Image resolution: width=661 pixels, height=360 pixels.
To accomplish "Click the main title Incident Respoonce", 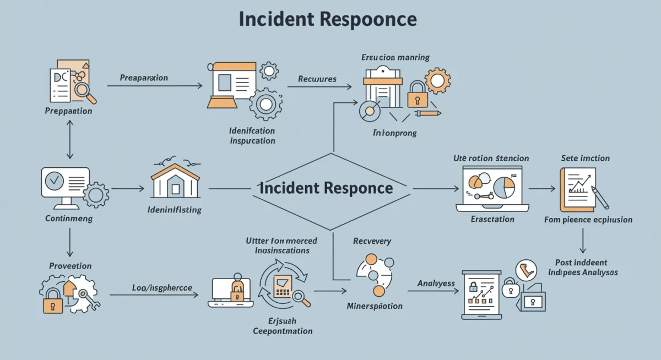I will pyautogui.click(x=328, y=19).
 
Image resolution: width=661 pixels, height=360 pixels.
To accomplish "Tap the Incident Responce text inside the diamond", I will pyautogui.click(x=326, y=188).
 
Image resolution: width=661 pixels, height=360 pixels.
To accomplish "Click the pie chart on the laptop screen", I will pyautogui.click(x=503, y=187).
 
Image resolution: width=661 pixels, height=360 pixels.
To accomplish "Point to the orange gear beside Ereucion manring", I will pyautogui.click(x=438, y=81).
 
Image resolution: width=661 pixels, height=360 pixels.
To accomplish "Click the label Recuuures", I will pyautogui.click(x=317, y=79).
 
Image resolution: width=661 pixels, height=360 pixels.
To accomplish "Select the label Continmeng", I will pyautogui.click(x=68, y=219).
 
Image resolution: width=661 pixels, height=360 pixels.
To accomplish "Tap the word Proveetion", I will pyautogui.click(x=70, y=266).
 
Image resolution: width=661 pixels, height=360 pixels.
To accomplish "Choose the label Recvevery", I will pyautogui.click(x=372, y=241).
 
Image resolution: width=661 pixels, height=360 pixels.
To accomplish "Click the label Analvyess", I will pyautogui.click(x=436, y=283).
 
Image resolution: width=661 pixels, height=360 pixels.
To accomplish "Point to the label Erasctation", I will pyautogui.click(x=492, y=219).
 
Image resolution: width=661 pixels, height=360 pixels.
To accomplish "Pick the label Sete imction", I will pyautogui.click(x=585, y=158).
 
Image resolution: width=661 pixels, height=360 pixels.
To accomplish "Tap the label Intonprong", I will pyautogui.click(x=394, y=133).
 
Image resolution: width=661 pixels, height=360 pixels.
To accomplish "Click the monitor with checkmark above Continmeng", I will pyautogui.click(x=65, y=184).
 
